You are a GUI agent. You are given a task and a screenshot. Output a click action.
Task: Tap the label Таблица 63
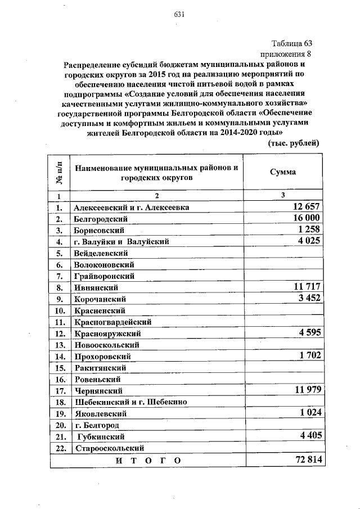(291, 44)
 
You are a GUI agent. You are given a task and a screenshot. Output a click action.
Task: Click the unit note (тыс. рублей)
(292, 143)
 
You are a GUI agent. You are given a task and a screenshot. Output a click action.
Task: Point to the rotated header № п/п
(58, 173)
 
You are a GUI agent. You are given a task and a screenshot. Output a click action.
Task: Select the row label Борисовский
(98, 231)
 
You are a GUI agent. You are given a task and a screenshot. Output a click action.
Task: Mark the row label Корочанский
(100, 299)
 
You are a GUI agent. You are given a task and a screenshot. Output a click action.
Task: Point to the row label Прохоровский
(102, 357)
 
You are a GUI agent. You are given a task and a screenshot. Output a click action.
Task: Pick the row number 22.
(58, 448)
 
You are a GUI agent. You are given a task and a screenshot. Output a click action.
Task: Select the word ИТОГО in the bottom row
(149, 461)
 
